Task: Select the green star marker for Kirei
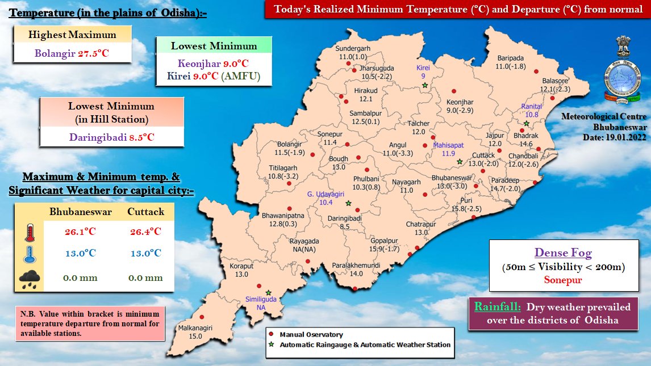pyautogui.click(x=424, y=86)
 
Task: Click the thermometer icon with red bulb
pyautogui.click(x=30, y=233)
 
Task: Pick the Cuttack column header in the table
pyautogui.click(x=145, y=212)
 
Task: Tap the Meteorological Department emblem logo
pyautogui.click(x=623, y=73)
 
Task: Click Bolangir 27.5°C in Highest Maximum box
pyautogui.click(x=72, y=53)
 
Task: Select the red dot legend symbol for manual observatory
pyautogui.click(x=272, y=335)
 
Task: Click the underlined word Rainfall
pyautogui.click(x=498, y=307)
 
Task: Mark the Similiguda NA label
pyautogui.click(x=260, y=302)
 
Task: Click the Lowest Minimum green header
pyautogui.click(x=214, y=46)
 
